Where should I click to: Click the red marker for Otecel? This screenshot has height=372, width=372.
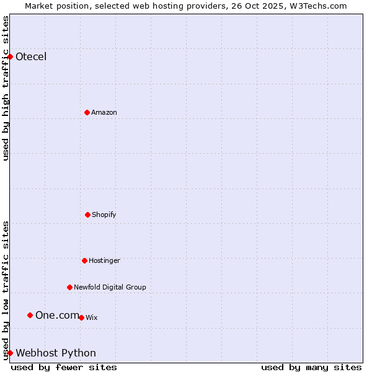[11, 57]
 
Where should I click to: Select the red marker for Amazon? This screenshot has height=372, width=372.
[87, 112]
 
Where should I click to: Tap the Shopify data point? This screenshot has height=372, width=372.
[87, 215]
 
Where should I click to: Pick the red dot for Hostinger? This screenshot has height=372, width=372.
[84, 260]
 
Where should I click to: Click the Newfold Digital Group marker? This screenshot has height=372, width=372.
[69, 287]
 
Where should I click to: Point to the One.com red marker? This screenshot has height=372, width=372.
[30, 315]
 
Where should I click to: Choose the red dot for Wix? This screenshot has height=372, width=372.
[81, 317]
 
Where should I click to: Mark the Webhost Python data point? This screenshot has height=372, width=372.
[11, 353]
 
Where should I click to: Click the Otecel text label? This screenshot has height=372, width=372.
[31, 57]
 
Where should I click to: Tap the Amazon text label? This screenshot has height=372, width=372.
[104, 112]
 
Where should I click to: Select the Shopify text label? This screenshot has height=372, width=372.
[104, 215]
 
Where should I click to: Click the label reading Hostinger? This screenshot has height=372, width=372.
[104, 260]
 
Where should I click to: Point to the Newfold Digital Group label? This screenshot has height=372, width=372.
[110, 287]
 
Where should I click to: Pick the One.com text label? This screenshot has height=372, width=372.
[57, 315]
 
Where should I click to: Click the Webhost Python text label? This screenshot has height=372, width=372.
[56, 353]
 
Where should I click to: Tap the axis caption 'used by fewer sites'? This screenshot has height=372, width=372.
[64, 367]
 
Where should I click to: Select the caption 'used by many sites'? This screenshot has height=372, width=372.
[311, 367]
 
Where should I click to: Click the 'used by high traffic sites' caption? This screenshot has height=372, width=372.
[6, 88]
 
